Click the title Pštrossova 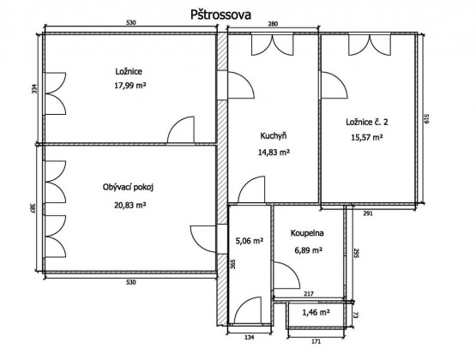(220, 15)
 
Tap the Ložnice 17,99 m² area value (130, 86)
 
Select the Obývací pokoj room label (128, 188)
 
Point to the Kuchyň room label (274, 136)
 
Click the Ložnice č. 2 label (367, 123)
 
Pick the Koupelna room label (307, 233)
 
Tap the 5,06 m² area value (250, 241)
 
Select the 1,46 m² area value (316, 312)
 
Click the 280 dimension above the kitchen (273, 24)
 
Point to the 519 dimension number (426, 118)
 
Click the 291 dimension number (368, 213)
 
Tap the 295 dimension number (357, 254)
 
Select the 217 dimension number (309, 294)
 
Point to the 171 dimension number (316, 341)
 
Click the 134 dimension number (249, 337)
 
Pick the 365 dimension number (232, 264)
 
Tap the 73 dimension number (357, 315)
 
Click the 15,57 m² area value (367, 137)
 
